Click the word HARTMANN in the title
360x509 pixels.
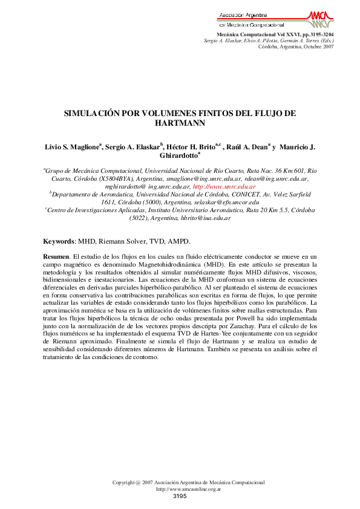[x=180, y=123]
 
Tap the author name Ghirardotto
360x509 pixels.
[x=178, y=155]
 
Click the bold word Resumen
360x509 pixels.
[x=56, y=274]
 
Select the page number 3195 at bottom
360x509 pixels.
[x=180, y=496]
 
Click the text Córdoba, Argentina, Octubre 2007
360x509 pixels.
[x=295, y=46]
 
